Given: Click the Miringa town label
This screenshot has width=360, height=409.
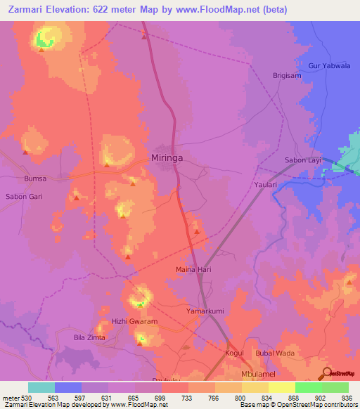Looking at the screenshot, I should pos(167,158).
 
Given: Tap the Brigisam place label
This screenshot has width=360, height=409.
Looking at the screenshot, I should pos(287,74).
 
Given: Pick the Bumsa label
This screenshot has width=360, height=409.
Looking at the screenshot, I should pos(35,179).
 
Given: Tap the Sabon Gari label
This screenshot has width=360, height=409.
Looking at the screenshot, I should pos(24,197).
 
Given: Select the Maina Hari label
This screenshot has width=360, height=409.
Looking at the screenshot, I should pos(193,269).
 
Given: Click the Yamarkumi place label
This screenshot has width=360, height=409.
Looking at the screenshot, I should pos(205,311).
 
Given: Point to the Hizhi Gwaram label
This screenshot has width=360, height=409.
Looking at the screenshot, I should pos(135,321).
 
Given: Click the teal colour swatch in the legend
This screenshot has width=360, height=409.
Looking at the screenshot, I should pos(41,387).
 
